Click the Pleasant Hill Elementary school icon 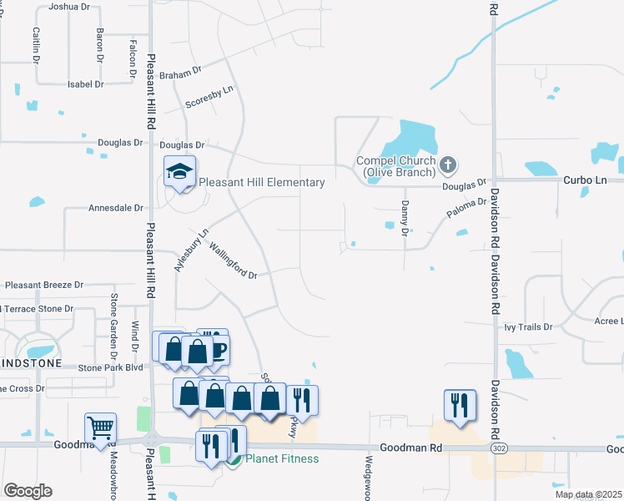click(x=179, y=171)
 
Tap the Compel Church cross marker click(x=448, y=164)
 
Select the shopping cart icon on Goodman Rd click(x=100, y=428)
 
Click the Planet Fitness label click(x=274, y=458)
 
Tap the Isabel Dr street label click(x=85, y=84)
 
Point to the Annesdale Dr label click(x=116, y=208)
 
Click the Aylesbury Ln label click(x=191, y=248)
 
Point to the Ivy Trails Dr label click(x=528, y=326)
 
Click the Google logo click(x=27, y=490)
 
